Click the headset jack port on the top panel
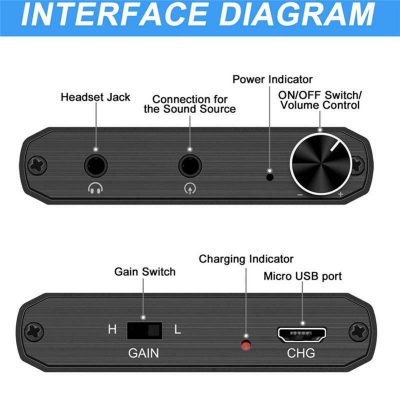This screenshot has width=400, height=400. [x=96, y=165]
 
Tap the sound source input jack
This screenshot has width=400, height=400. [x=190, y=165]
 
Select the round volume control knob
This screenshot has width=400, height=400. [x=321, y=164]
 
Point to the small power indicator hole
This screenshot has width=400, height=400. [x=270, y=176]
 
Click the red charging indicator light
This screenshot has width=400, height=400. [x=246, y=345]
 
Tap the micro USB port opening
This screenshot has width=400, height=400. [x=302, y=335]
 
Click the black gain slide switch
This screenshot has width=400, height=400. [x=145, y=330]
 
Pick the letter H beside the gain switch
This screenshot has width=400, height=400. [x=112, y=329]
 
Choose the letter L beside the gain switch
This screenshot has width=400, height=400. [x=177, y=329]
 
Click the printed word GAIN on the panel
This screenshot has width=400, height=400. [x=144, y=353]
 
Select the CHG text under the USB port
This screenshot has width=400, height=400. [x=301, y=353]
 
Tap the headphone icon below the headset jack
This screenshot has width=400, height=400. [x=95, y=188]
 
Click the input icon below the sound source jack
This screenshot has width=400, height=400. [x=190, y=189]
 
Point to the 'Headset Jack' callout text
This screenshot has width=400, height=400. [x=95, y=97]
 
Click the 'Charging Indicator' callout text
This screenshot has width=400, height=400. [x=246, y=259]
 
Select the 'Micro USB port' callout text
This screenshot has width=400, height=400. [x=303, y=276]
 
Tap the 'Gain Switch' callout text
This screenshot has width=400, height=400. [x=145, y=272]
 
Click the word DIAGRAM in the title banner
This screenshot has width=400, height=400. [x=298, y=14]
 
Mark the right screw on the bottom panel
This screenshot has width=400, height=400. [x=359, y=332]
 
